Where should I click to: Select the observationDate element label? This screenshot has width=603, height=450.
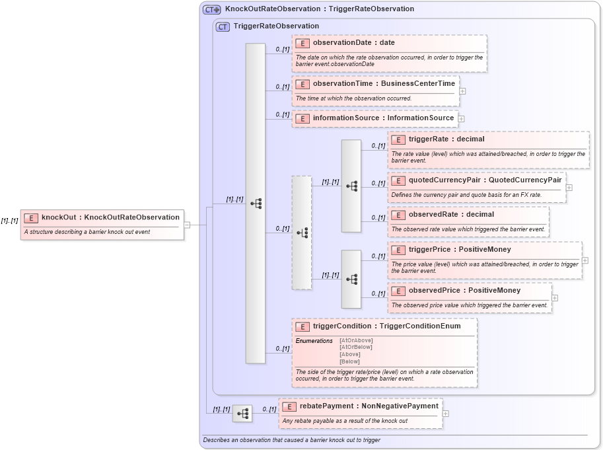point(353,43)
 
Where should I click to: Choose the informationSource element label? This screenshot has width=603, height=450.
point(383,118)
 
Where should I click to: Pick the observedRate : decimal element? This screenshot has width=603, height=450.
point(451,215)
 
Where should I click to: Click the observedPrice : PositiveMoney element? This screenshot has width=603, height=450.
point(464,291)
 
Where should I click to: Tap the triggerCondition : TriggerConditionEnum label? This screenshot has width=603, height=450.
point(386,326)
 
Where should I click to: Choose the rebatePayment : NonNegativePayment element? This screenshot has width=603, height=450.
point(369,406)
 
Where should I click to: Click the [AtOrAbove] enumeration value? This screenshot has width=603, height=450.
point(356,340)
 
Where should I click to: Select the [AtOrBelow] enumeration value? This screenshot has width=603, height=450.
point(356,347)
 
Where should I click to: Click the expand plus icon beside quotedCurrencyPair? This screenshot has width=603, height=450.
point(569,188)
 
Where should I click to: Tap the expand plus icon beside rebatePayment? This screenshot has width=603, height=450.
point(446,414)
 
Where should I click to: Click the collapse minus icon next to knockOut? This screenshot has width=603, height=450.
point(188,225)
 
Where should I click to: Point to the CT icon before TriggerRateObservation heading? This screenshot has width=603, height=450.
point(223,26)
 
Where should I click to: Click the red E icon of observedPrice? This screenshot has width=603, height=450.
point(398,291)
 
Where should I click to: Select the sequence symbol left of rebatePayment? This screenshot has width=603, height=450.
point(242,414)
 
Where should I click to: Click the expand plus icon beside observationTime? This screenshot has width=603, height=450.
point(462,91)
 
